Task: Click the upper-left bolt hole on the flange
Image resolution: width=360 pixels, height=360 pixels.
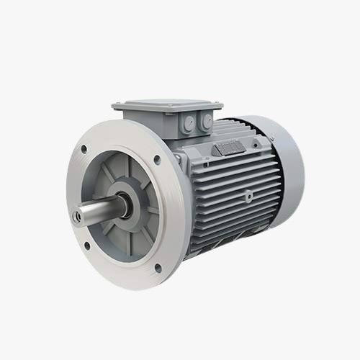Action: tap(84, 150)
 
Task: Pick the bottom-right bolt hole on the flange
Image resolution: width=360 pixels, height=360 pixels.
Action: tap(158, 268)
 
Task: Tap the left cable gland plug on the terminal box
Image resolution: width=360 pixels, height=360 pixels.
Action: tap(189, 125)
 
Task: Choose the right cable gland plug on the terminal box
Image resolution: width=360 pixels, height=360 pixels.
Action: tap(207, 122)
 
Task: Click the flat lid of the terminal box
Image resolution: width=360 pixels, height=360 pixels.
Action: tap(167, 104)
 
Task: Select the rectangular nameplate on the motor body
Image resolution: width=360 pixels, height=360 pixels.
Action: tap(230, 147)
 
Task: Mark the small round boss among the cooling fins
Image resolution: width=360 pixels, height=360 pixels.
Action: tap(248, 194)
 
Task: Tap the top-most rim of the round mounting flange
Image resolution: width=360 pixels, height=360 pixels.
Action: tap(115, 120)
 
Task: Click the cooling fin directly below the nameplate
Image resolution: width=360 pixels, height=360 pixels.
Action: tap(230, 162)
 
